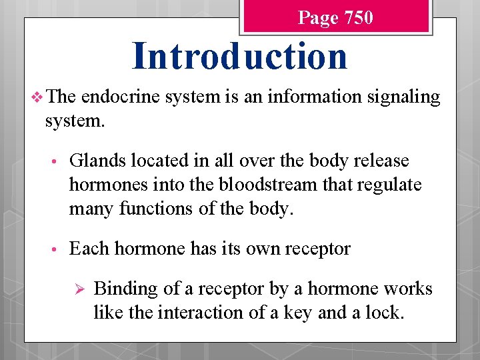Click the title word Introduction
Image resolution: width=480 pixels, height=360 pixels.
point(239,56)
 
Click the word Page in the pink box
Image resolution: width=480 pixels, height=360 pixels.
point(318,18)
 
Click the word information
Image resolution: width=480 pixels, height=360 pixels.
point(301,97)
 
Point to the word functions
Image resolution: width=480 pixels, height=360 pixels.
point(151,208)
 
